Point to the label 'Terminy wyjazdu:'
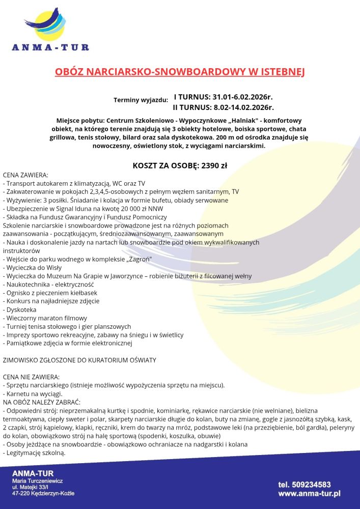(141, 100)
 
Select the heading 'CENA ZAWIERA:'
(25, 175)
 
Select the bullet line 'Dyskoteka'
(21, 309)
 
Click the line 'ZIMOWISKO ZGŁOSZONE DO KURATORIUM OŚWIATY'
(79, 360)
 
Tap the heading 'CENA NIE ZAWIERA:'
(31, 377)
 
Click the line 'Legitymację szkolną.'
(35, 453)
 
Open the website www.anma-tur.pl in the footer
(310, 493)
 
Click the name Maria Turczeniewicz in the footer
(37, 481)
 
